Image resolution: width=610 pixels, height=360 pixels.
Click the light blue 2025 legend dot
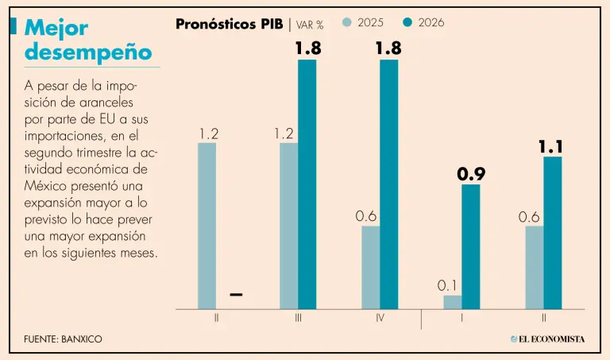click(x=347, y=22)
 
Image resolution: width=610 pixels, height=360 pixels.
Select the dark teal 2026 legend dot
click(x=408, y=22)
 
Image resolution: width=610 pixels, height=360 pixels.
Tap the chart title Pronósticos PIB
click(x=229, y=24)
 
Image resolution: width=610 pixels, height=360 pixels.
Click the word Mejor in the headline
click(x=56, y=28)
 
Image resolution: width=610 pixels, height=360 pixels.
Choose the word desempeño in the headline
click(x=87, y=52)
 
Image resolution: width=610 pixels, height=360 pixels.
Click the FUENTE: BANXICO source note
click(x=63, y=339)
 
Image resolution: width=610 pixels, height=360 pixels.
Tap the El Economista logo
click(x=547, y=339)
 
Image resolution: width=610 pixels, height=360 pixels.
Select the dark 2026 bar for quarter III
click(x=307, y=184)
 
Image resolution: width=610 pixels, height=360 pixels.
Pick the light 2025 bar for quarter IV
click(x=371, y=267)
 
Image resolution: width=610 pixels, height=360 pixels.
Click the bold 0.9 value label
click(x=471, y=174)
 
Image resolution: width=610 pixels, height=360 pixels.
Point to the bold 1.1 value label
click(x=552, y=146)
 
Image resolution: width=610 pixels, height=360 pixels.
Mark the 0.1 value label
click(x=450, y=285)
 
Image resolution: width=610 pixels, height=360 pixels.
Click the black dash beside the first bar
click(x=236, y=295)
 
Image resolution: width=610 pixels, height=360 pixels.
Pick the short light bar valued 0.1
click(x=452, y=302)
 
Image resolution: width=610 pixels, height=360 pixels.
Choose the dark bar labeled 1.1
click(x=553, y=232)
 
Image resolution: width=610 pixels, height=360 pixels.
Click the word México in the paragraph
click(x=44, y=185)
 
